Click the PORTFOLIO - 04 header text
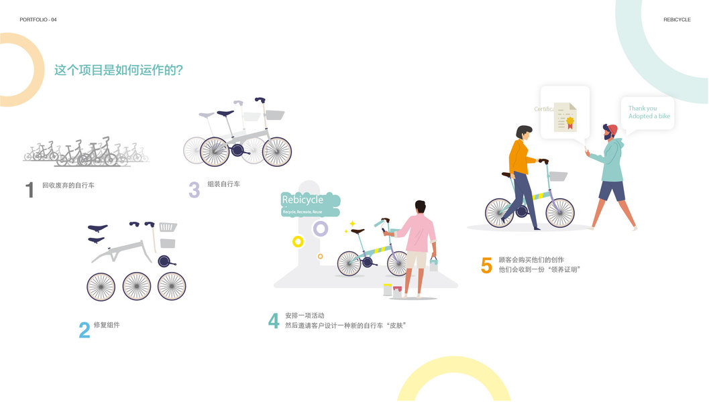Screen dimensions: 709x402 pos(38,19)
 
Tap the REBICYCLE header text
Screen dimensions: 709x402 pos(677,19)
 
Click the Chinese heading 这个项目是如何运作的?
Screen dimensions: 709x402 pos(119,70)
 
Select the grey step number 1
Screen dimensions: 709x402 pos(30,190)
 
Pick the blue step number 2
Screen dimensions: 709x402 pos(85,330)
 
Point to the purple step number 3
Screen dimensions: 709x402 pos(195,190)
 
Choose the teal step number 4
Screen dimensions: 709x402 pos(274,321)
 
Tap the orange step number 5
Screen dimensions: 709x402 pos(486,266)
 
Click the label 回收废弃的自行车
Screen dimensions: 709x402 pos(68,185)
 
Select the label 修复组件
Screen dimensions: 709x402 pos(107,325)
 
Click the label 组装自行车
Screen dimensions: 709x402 pos(223,184)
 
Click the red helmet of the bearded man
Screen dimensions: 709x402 pos(612,129)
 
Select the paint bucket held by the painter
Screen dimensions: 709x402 pos(433,263)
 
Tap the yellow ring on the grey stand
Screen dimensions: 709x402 pos(298,241)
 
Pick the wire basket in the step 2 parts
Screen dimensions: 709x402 pos(168,227)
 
